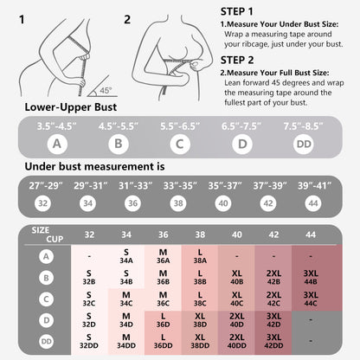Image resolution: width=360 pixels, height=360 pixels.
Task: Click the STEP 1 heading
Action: tap(236, 12)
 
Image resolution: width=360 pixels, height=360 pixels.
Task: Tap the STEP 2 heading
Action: tap(237, 61)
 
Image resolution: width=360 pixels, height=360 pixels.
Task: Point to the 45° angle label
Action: tap(106, 90)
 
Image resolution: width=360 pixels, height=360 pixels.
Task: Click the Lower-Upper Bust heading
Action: tap(71, 107)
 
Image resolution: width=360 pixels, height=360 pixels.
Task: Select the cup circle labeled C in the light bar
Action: tap(180, 144)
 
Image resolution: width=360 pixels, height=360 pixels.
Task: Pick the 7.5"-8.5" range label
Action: tap(303, 126)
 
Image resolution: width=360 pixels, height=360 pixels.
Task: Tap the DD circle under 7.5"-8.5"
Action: tap(304, 144)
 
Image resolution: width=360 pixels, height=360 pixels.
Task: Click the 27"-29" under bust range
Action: tap(46, 186)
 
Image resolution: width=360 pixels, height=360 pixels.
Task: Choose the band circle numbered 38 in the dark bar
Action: tap(178, 203)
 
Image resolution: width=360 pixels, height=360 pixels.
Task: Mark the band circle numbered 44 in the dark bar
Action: tap(313, 203)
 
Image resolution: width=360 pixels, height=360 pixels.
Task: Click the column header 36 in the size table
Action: tap(163, 235)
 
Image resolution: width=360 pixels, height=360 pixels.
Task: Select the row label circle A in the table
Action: tap(46, 256)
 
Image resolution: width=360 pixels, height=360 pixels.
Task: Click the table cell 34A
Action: tap(126, 256)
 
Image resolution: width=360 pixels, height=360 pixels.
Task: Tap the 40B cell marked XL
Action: tap(237, 278)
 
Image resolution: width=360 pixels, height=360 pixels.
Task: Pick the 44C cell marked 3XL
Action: tap(311, 299)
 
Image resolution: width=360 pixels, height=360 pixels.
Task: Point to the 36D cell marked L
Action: tap(163, 320)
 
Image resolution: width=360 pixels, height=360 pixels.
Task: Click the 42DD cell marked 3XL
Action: tap(273, 341)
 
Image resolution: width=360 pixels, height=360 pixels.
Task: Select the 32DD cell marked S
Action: tap(89, 341)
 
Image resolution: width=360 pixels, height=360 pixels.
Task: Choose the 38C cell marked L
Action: tap(200, 299)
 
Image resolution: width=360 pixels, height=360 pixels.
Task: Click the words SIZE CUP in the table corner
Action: tap(48, 235)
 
